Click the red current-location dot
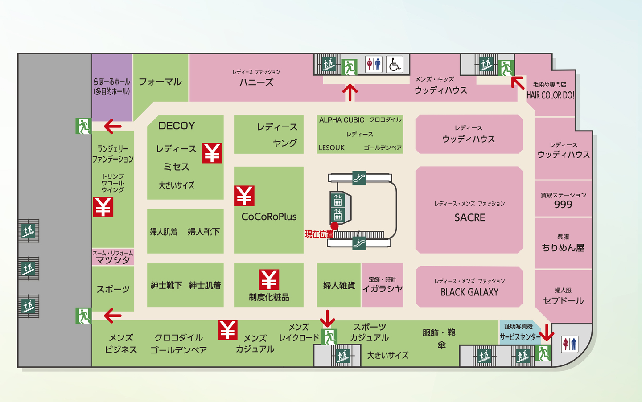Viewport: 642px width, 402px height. click(334, 226)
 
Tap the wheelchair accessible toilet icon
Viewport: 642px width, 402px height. click(394, 65)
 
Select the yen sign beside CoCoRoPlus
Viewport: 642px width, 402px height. click(244, 196)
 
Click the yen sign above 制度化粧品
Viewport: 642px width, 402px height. click(269, 279)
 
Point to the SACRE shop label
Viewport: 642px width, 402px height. click(469, 217)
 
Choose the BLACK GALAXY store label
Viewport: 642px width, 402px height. click(469, 292)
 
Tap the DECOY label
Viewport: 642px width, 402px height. click(177, 126)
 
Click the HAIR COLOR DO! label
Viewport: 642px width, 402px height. click(550, 95)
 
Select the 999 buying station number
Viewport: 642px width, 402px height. click(563, 205)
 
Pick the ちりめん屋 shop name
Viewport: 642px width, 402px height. click(563, 248)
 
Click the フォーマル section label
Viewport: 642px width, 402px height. click(160, 82)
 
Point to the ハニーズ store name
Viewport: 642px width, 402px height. click(256, 82)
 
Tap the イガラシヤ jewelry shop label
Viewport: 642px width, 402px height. click(382, 289)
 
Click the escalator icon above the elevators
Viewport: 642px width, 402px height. click(359, 177)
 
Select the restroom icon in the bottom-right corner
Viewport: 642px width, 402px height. click(570, 344)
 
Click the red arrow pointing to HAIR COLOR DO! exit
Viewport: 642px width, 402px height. click(518, 82)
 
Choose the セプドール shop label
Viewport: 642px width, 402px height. click(563, 300)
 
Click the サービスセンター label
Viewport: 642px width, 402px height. click(519, 337)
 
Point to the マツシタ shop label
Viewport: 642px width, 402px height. click(113, 260)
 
